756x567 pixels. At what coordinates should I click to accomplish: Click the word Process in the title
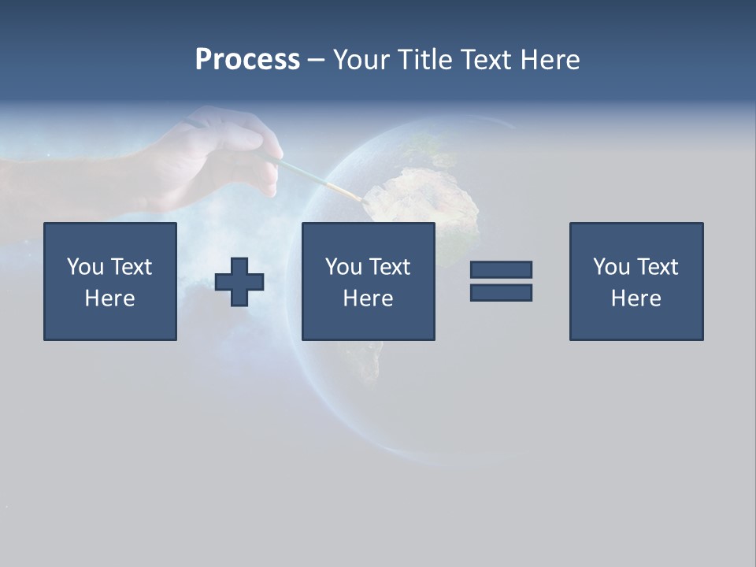click(x=247, y=59)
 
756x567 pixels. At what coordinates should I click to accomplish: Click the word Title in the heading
click(x=422, y=60)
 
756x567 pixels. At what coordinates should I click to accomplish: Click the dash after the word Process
click(x=317, y=61)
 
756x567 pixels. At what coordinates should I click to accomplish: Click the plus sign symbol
click(x=239, y=282)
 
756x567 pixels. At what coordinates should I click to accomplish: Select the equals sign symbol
click(x=501, y=281)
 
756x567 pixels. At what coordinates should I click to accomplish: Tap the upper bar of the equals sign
click(x=501, y=270)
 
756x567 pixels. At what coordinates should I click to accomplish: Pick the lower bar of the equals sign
click(x=501, y=292)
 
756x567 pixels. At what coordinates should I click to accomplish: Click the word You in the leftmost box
click(x=85, y=267)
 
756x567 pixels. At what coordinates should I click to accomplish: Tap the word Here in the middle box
click(x=369, y=298)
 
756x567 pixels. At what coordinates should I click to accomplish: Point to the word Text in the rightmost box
click(x=658, y=267)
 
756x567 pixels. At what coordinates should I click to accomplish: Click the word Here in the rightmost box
click(x=636, y=298)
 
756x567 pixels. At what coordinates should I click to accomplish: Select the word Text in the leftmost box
click(x=132, y=267)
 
